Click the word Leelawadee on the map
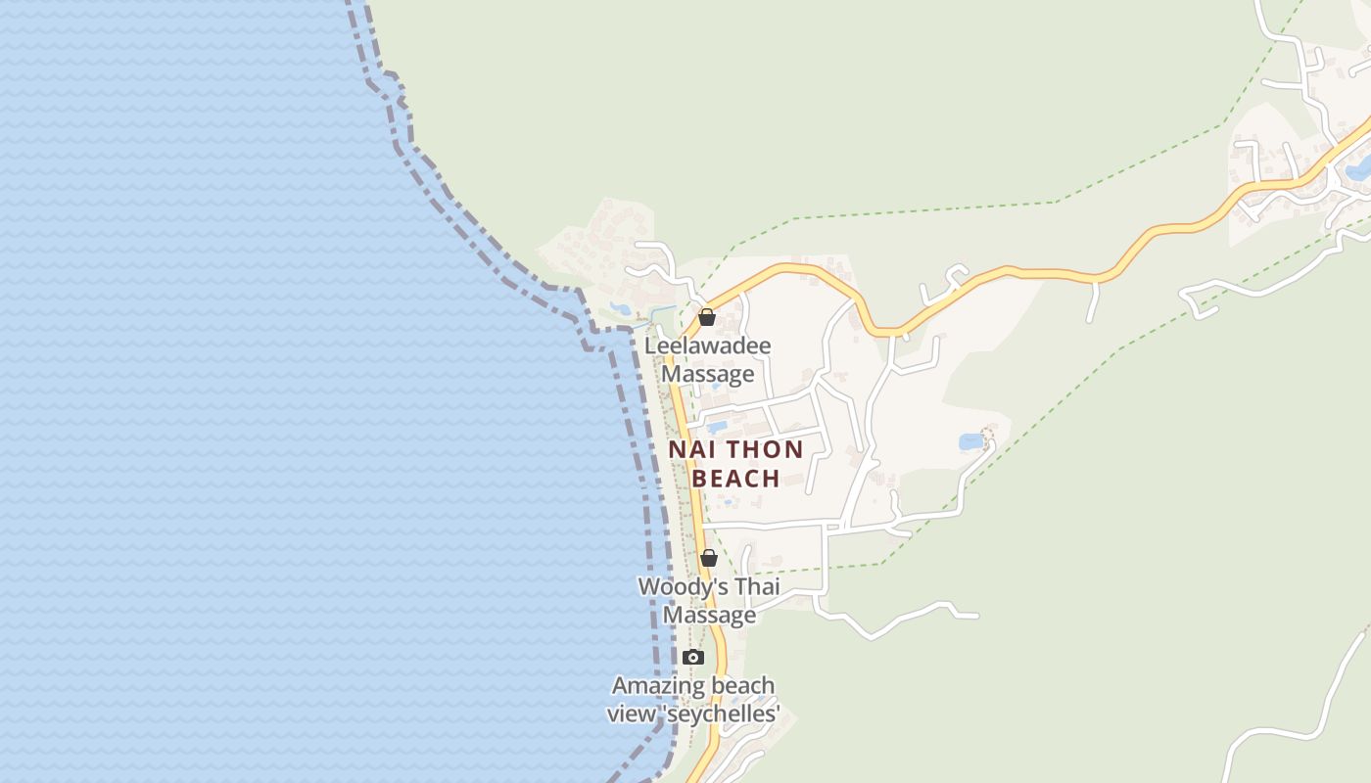[707, 346]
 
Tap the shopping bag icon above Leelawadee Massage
[706, 317]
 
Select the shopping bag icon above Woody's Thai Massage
[709, 558]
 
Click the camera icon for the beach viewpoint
[693, 657]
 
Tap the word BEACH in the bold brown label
[735, 479]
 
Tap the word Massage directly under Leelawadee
[708, 374]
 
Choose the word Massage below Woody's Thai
[709, 615]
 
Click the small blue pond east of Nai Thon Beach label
[971, 441]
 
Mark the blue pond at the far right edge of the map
[1359, 171]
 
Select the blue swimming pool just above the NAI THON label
[717, 427]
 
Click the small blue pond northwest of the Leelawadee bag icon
[621, 309]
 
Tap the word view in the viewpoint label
[633, 714]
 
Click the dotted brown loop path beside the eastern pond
[987, 434]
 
